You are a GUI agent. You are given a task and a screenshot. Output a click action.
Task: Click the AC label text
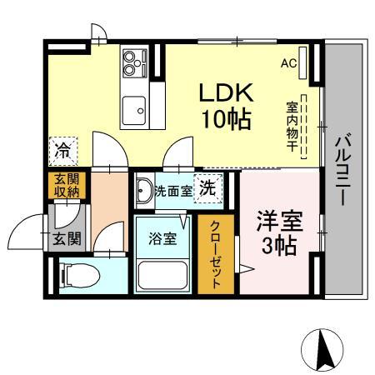tap(287, 63)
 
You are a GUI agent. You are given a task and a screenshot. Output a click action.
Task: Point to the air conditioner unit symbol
tap(304, 63)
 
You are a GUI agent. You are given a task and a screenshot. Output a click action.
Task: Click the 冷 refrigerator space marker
tap(62, 152)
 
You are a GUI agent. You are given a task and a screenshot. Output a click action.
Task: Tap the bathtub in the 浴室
tap(163, 275)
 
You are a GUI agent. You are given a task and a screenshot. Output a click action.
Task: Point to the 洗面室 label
tap(174, 191)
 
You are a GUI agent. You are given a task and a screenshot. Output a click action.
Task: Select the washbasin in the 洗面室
tap(143, 188)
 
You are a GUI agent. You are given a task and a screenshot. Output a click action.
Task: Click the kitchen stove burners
tap(133, 61)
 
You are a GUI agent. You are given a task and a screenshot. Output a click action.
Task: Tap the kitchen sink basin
tap(132, 107)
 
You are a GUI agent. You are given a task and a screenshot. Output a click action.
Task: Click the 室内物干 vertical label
tap(292, 125)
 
